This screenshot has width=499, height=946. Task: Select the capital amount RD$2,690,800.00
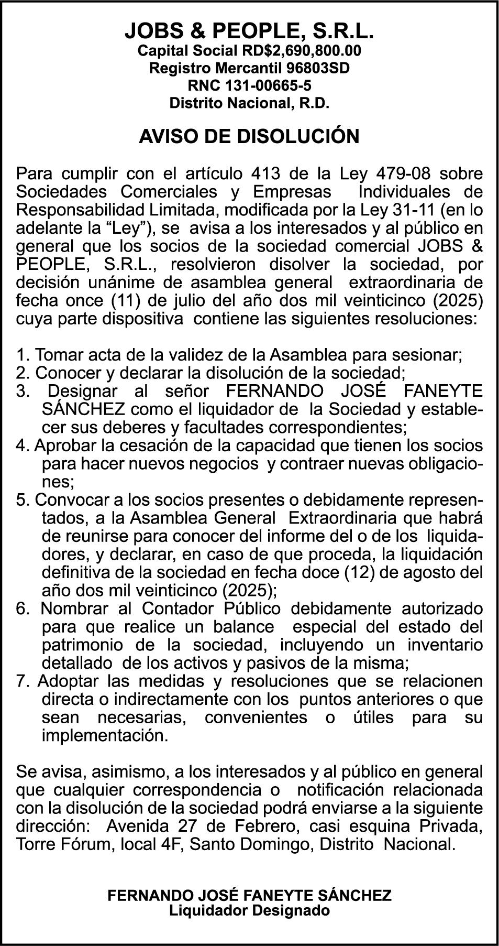pyautogui.click(x=302, y=51)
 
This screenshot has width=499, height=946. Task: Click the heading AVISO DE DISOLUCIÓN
pyautogui.click(x=249, y=136)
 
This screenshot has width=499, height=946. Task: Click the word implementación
pyautogui.click(x=105, y=735)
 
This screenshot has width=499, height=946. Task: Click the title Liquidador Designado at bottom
pyautogui.click(x=249, y=910)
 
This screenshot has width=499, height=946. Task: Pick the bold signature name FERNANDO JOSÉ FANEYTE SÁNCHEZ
pyautogui.click(x=249, y=895)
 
